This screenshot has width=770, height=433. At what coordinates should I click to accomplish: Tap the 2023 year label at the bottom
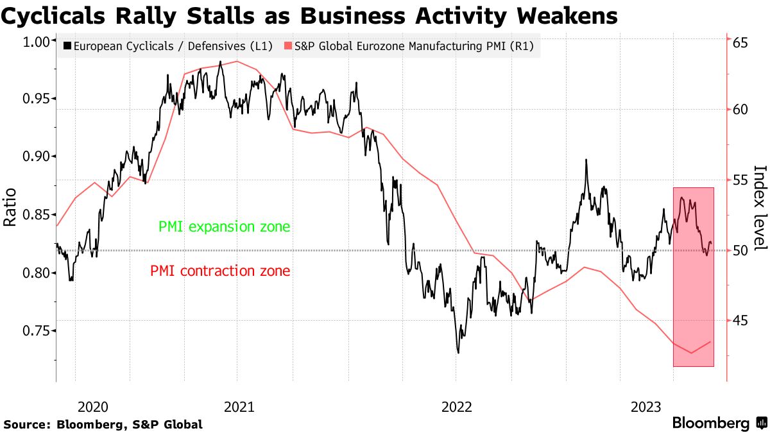(647, 406)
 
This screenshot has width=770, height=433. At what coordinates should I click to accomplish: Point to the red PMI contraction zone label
(220, 271)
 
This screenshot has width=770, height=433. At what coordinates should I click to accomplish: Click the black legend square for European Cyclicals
(67, 46)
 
